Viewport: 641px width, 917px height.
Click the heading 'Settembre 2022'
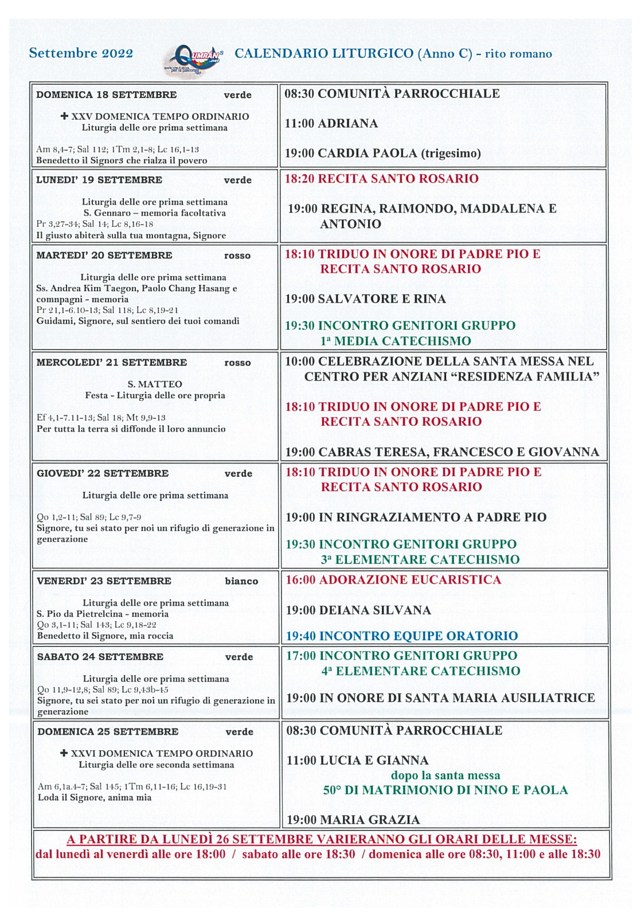click(x=81, y=53)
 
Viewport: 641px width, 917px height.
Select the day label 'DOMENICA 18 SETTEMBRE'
click(x=106, y=95)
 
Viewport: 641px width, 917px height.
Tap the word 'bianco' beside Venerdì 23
click(x=241, y=581)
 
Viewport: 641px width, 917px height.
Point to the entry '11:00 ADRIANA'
click(x=331, y=123)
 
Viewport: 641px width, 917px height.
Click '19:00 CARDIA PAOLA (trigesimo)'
click(x=382, y=153)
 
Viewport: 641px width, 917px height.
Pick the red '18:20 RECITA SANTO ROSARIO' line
click(x=381, y=178)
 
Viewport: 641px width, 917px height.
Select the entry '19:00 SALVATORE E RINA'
click(x=365, y=299)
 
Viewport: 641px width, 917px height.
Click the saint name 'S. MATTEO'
click(x=155, y=384)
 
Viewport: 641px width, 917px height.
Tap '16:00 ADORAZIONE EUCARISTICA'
click(x=393, y=579)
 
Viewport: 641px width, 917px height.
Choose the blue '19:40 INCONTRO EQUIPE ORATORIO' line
click(x=401, y=636)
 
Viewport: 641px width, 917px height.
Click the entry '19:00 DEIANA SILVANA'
click(x=358, y=610)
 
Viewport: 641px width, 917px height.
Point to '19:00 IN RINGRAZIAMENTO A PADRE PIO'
click(x=416, y=517)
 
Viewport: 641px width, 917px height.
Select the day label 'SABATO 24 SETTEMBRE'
click(x=100, y=657)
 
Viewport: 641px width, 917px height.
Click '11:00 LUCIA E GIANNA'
click(x=357, y=761)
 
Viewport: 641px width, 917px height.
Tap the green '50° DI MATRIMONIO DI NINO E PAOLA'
click(x=445, y=790)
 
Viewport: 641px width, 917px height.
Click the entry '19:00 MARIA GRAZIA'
click(x=353, y=820)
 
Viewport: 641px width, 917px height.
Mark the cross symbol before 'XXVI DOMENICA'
click(x=64, y=753)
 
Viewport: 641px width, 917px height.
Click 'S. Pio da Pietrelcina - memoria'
click(x=103, y=614)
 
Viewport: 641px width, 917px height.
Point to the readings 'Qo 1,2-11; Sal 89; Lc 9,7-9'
click(x=89, y=517)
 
